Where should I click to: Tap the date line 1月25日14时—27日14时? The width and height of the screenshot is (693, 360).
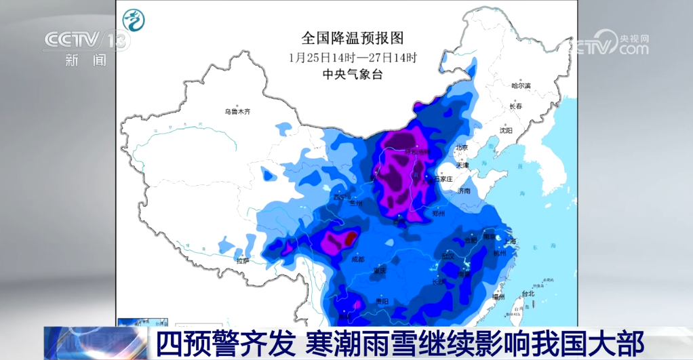(352, 57)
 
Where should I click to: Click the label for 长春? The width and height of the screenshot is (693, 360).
(516, 106)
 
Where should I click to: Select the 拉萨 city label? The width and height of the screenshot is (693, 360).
(242, 260)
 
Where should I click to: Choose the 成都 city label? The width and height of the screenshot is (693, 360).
(357, 259)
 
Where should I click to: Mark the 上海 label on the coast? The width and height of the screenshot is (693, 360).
(509, 241)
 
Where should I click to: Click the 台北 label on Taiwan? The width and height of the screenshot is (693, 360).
(528, 294)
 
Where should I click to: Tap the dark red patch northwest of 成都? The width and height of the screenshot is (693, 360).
(349, 239)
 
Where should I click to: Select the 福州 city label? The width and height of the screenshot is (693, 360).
(498, 296)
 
